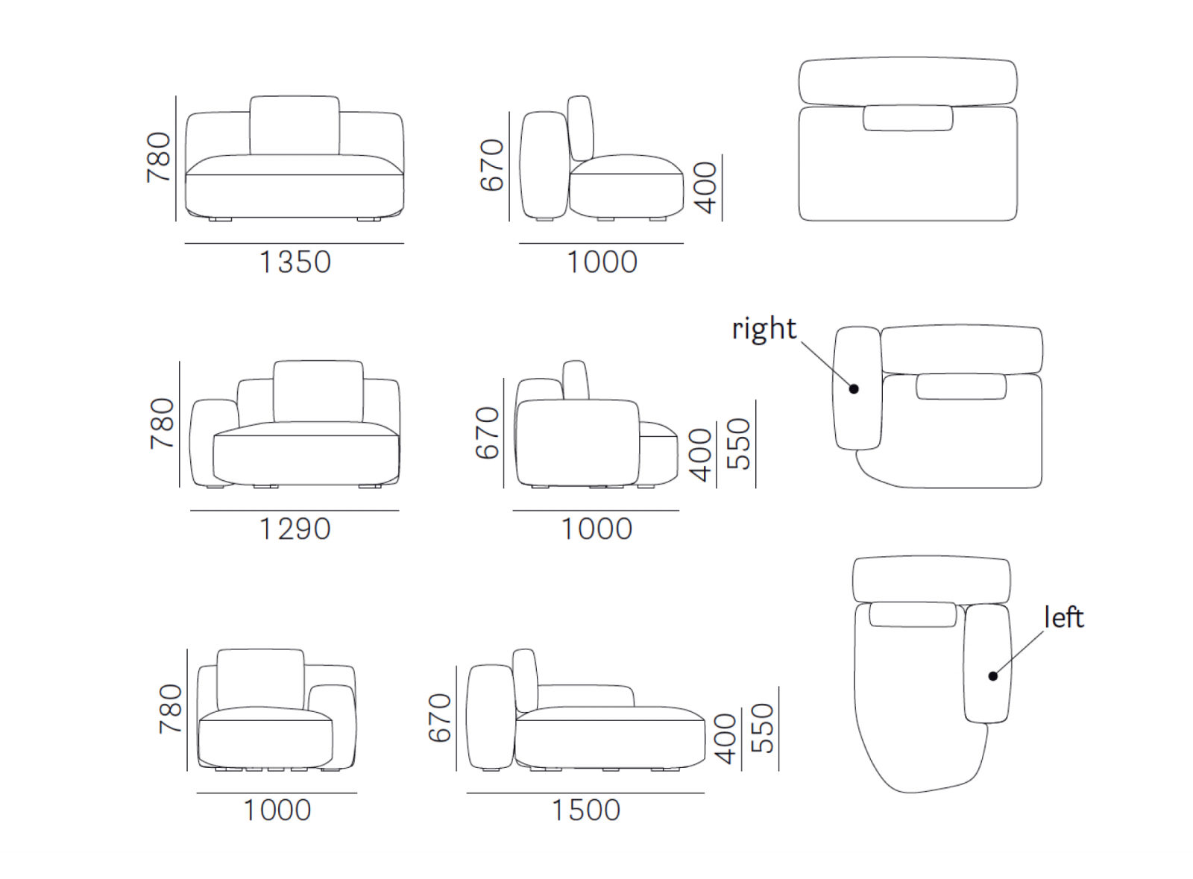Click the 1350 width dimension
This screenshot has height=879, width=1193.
click(295, 262)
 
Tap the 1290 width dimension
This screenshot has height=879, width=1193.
click(295, 529)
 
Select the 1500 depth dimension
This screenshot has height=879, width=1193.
click(585, 810)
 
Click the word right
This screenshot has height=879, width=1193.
click(764, 329)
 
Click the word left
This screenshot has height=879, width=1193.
click(1063, 617)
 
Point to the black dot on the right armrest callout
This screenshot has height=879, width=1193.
click(854, 389)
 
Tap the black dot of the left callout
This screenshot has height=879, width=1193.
click(992, 676)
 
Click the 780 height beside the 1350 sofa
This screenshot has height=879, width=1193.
click(159, 157)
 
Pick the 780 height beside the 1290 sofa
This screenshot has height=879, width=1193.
click(163, 423)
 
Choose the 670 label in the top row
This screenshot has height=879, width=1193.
click(491, 165)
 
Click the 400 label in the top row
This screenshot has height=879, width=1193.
click(706, 187)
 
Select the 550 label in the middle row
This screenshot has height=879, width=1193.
click(739, 444)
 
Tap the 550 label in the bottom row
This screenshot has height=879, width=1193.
click(763, 728)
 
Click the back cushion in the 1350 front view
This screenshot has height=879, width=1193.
click(295, 126)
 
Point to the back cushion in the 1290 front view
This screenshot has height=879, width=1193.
click(318, 391)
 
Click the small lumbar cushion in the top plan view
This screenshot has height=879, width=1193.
click(908, 118)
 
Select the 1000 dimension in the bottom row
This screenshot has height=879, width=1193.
click(277, 810)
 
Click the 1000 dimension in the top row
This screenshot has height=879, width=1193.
click(602, 262)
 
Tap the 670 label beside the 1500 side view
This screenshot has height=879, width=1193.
click(440, 718)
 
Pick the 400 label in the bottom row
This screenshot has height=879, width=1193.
click(725, 739)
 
